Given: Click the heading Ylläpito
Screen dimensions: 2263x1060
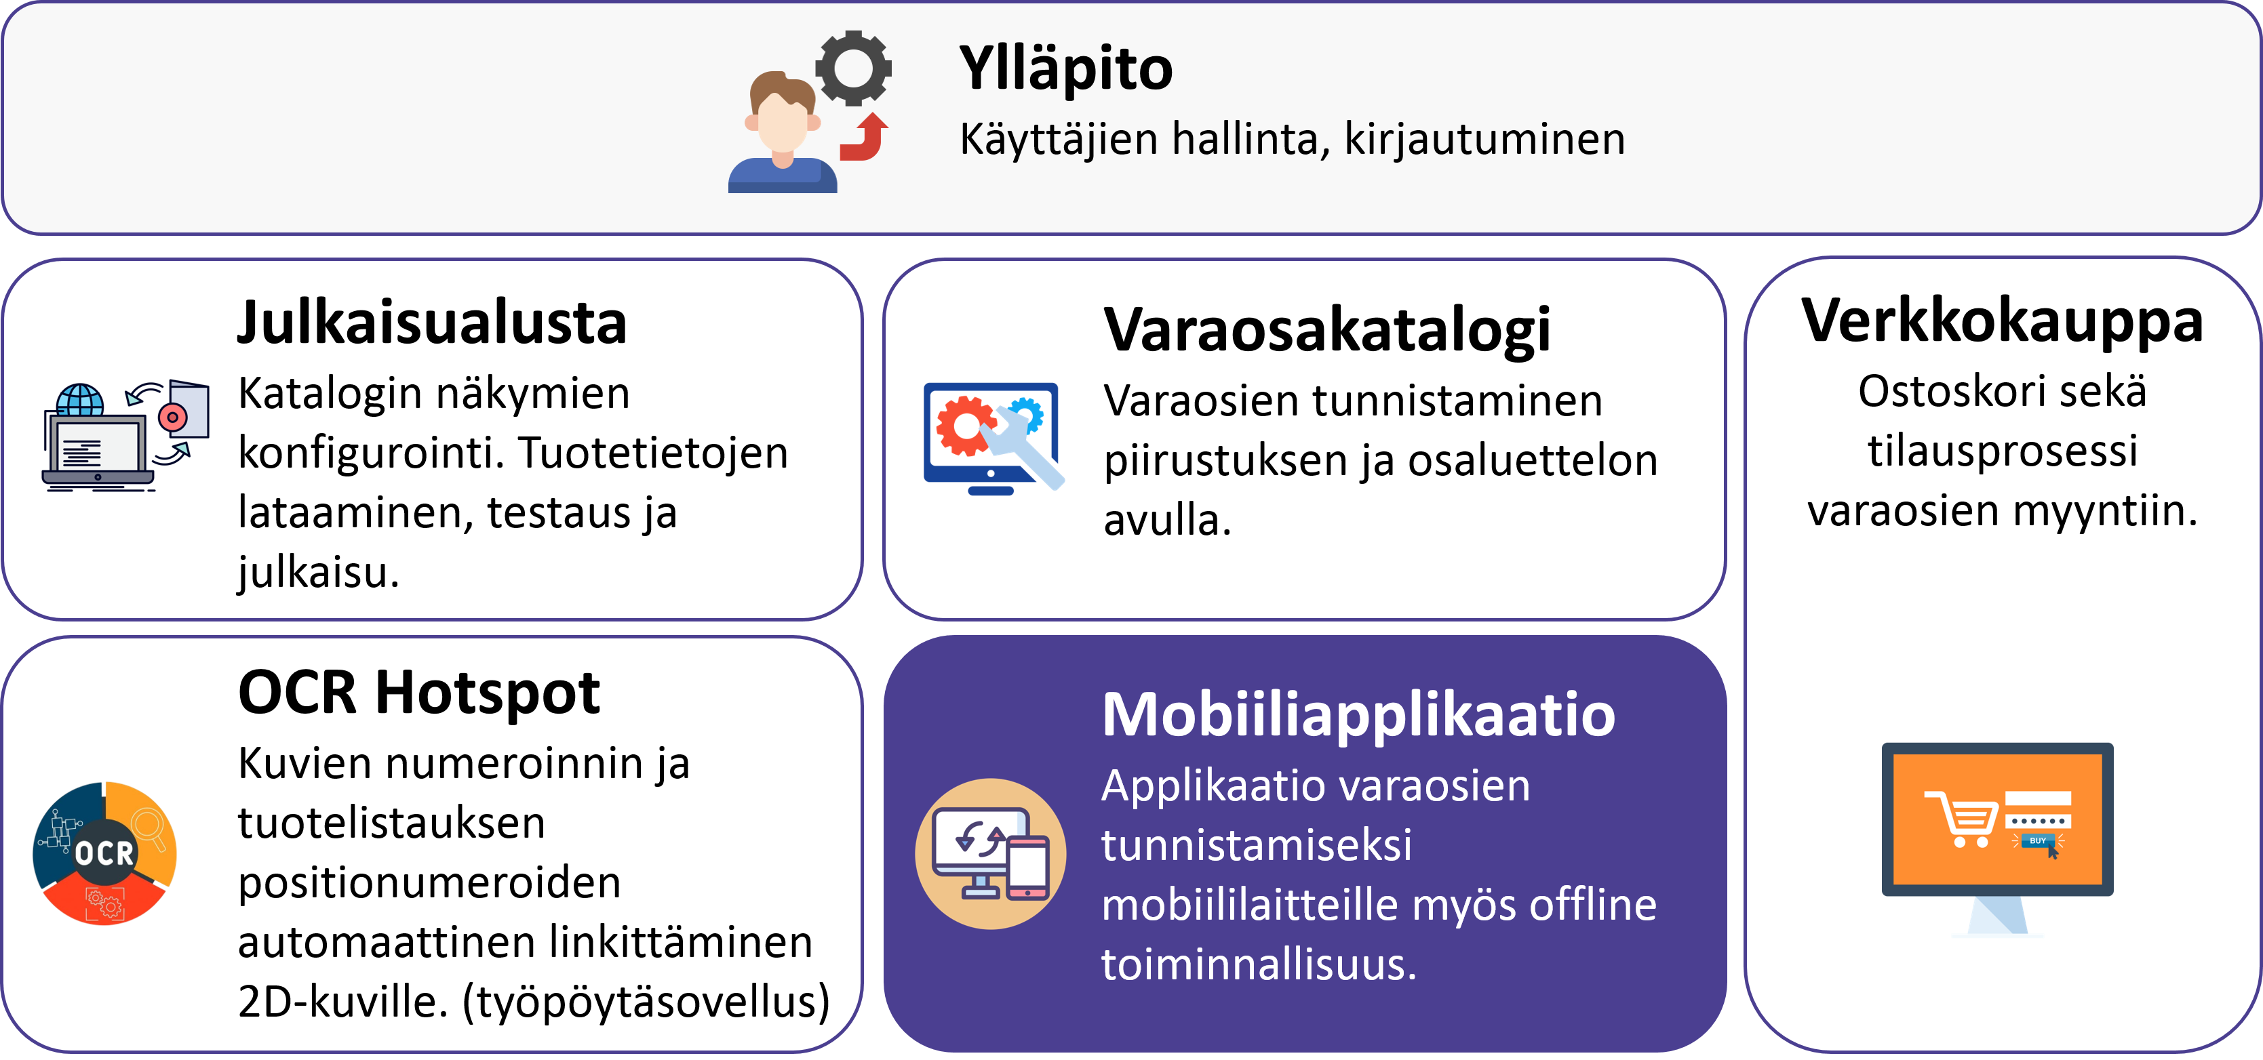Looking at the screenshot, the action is click(x=1065, y=68).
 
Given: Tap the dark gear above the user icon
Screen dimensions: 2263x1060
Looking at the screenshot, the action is click(x=853, y=68).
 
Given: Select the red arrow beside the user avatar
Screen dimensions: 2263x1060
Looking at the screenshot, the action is click(x=865, y=137).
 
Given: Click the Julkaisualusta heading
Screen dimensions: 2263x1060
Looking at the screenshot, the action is click(x=432, y=323).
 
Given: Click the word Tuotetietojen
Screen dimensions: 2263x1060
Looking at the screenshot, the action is click(x=652, y=453).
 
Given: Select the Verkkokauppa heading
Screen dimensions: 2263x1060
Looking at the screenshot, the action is click(x=2002, y=321).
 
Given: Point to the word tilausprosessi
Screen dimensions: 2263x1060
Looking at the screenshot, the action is click(x=2002, y=451).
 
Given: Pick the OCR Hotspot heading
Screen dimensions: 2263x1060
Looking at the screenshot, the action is click(x=419, y=692).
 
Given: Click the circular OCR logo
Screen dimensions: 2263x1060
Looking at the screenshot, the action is click(x=104, y=853).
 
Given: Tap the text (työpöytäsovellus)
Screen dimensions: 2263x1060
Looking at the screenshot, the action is click(x=646, y=1001).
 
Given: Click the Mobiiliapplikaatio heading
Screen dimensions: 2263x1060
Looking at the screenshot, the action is click(x=1358, y=715).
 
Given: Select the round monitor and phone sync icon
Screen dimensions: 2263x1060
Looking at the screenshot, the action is click(x=990, y=853).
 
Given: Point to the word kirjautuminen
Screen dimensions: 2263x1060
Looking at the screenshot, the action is click(x=1484, y=140).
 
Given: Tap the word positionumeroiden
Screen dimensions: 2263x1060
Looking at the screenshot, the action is click(x=429, y=882).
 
